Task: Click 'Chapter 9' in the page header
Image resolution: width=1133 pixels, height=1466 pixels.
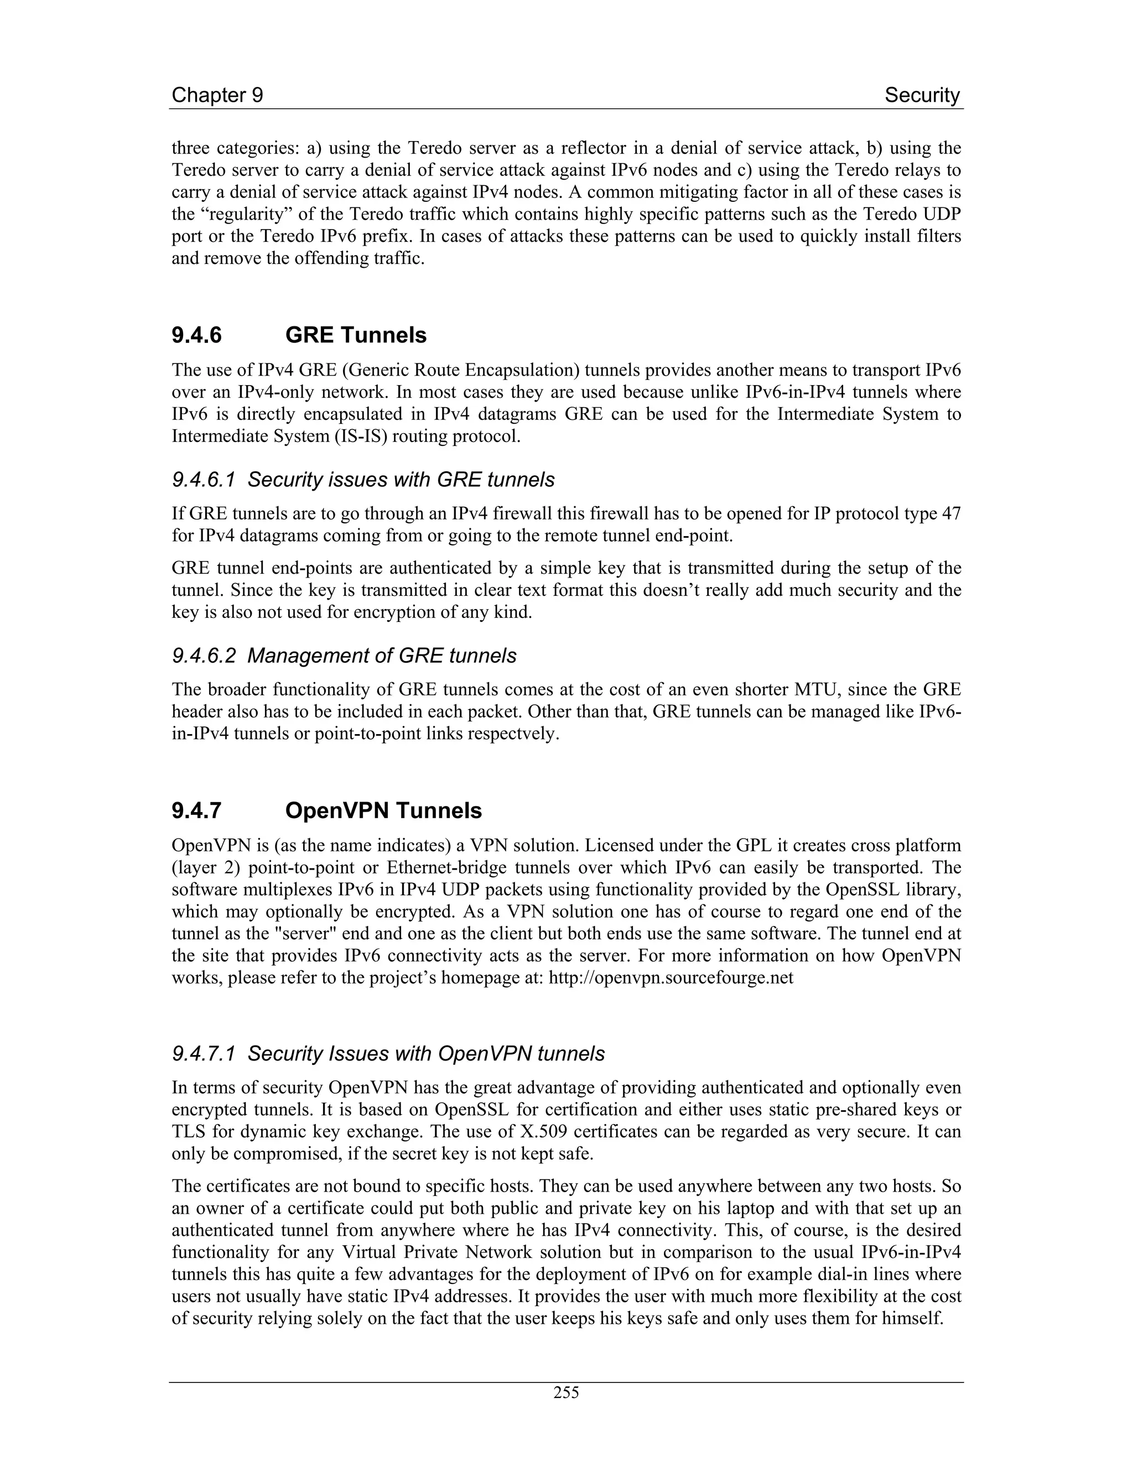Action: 217,95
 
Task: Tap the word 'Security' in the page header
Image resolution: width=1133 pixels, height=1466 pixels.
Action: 922,95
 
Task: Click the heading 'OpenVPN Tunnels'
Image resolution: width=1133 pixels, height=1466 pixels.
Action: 383,811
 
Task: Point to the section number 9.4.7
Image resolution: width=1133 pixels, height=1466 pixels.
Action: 196,811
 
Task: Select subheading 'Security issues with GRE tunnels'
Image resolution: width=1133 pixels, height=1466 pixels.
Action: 401,480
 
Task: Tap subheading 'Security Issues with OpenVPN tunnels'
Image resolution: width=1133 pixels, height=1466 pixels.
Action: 425,1054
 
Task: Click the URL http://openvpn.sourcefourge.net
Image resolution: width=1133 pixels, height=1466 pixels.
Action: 671,978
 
